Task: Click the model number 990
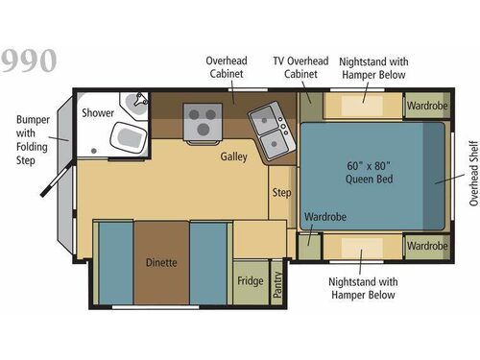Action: pos(30,60)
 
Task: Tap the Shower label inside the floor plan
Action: pos(98,112)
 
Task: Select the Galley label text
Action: pos(233,156)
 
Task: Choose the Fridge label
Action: pos(250,282)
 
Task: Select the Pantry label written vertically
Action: pos(277,285)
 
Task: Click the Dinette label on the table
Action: pos(160,262)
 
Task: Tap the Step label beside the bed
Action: pos(281,192)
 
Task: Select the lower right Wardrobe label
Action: pos(425,246)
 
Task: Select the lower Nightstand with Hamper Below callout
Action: pos(361,289)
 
